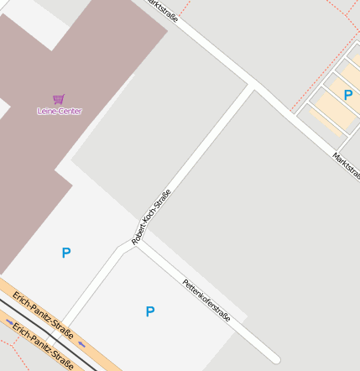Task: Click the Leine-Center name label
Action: tap(60, 111)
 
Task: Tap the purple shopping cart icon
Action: tap(59, 99)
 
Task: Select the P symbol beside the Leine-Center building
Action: tap(66, 253)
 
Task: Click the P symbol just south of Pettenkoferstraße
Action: tap(150, 311)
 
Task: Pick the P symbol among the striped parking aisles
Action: tap(348, 95)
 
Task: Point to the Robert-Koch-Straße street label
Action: tap(152, 217)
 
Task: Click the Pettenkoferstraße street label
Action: tap(206, 300)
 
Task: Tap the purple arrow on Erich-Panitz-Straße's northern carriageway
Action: tap(81, 344)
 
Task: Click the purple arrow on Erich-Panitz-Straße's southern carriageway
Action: tap(10, 321)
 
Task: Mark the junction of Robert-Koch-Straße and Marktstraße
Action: tap(252, 85)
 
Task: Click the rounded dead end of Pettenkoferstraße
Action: tap(275, 358)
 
